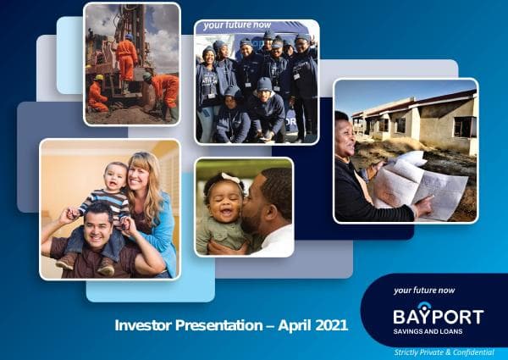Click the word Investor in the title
(x=141, y=324)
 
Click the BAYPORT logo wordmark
(x=438, y=317)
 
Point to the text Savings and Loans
(x=427, y=331)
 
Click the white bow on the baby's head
(x=209, y=180)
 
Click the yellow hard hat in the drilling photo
(x=99, y=78)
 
